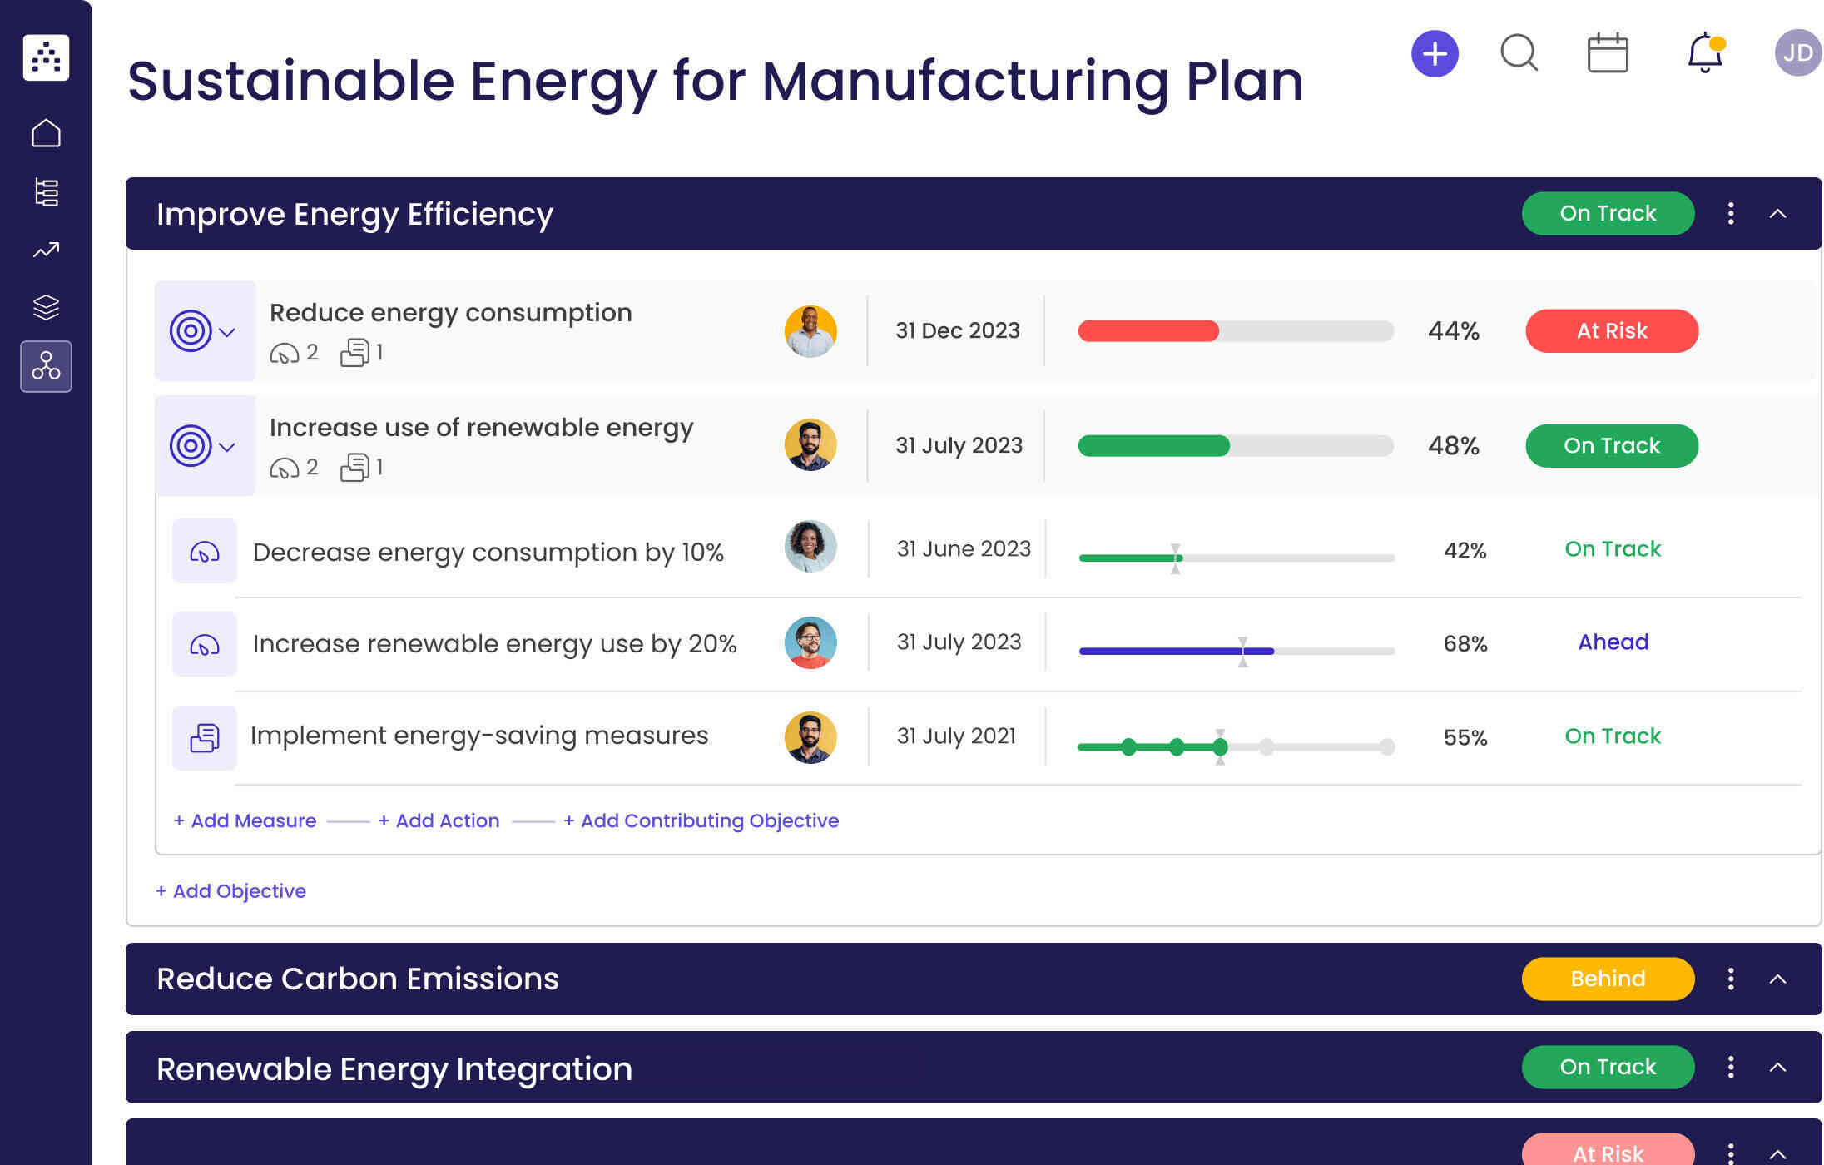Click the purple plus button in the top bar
point(1435,54)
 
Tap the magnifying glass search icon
point(1519,53)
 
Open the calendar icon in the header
point(1607,53)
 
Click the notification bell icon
point(1704,53)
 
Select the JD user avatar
point(1797,53)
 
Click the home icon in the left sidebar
point(46,133)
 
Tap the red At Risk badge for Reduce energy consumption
point(1611,331)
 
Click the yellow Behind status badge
point(1607,979)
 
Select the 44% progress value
point(1453,331)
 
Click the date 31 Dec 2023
point(957,331)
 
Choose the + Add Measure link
point(245,820)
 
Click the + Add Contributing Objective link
point(701,820)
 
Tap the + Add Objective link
point(231,891)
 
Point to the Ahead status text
point(1613,642)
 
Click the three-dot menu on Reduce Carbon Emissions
point(1731,979)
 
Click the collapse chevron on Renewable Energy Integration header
point(1777,1068)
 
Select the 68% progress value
point(1465,643)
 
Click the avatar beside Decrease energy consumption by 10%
point(810,547)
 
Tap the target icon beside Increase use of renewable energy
point(191,446)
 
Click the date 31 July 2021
point(956,736)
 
